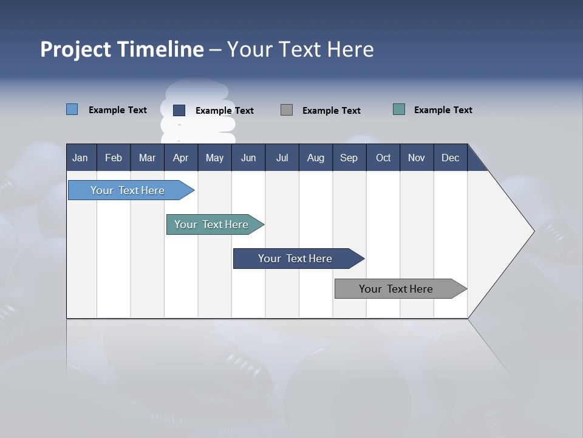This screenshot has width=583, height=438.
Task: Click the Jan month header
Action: [x=81, y=158]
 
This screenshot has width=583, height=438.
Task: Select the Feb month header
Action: [x=114, y=158]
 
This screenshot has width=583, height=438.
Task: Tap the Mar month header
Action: [x=147, y=158]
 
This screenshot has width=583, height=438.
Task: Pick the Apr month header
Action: [x=181, y=158]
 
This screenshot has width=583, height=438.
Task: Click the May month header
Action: [x=214, y=158]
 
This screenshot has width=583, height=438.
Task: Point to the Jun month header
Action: [x=248, y=158]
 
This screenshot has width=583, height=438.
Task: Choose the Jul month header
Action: [x=282, y=158]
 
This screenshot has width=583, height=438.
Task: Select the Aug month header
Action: [x=316, y=158]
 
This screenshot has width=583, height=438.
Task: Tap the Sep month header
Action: [x=349, y=158]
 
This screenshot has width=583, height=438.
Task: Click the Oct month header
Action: [x=383, y=158]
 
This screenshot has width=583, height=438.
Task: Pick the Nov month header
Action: [x=417, y=158]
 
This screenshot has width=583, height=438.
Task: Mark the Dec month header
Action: [x=451, y=158]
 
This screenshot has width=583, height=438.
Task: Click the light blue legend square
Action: [x=72, y=109]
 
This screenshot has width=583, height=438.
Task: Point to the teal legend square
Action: [x=399, y=109]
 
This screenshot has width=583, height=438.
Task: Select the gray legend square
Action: [x=287, y=109]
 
